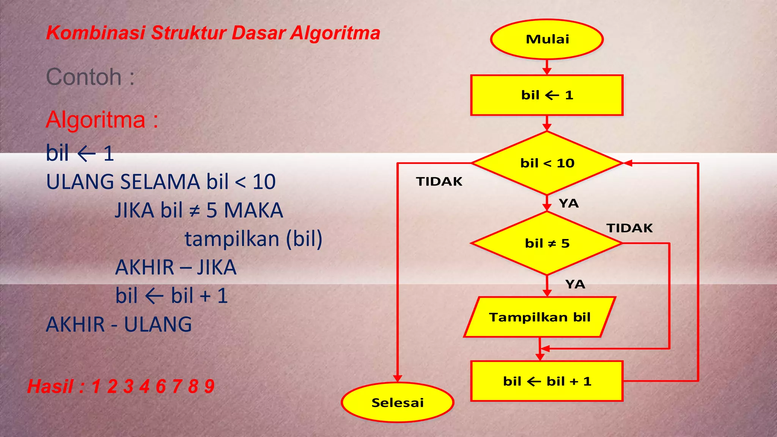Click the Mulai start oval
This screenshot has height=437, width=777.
pos(547,39)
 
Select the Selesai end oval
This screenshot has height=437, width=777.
pos(397,402)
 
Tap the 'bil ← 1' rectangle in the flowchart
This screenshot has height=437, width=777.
pos(547,95)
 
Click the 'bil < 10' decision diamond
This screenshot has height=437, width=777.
pos(547,163)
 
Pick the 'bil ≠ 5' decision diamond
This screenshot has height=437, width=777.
pos(547,243)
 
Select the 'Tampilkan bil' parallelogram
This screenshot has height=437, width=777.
pos(539,317)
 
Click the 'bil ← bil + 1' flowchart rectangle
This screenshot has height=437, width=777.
pos(547,381)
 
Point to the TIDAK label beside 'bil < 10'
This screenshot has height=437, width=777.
pos(439,182)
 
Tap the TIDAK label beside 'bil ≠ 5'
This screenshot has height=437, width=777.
pos(629,228)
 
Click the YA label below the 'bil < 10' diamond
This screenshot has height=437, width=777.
pos(569,203)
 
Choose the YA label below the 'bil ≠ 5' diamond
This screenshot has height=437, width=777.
pos(575,284)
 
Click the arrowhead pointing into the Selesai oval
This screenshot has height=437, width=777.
pos(397,378)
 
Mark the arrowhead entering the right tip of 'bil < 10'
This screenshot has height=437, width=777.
pos(628,163)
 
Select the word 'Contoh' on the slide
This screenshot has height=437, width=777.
pos(84,77)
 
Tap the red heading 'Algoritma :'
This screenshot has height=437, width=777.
pos(102,120)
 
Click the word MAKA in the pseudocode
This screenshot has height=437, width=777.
pos(253,210)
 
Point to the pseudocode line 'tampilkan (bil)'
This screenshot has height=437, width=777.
pos(253,239)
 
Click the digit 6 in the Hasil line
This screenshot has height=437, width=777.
pos(161,387)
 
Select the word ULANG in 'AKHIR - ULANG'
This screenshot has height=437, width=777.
pos(158,325)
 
